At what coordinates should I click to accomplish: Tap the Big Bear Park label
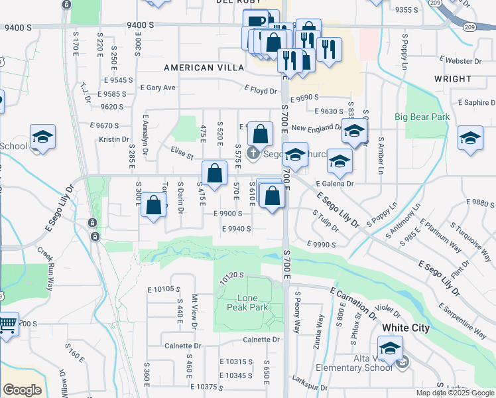(422, 117)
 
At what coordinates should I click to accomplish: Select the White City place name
(405, 328)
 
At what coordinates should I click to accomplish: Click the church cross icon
(253, 154)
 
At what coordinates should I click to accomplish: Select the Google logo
(22, 390)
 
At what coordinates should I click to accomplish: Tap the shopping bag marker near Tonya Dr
(153, 206)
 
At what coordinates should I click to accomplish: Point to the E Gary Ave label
(158, 88)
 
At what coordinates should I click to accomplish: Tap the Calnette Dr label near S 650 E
(261, 340)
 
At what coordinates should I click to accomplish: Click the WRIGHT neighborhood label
(453, 79)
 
